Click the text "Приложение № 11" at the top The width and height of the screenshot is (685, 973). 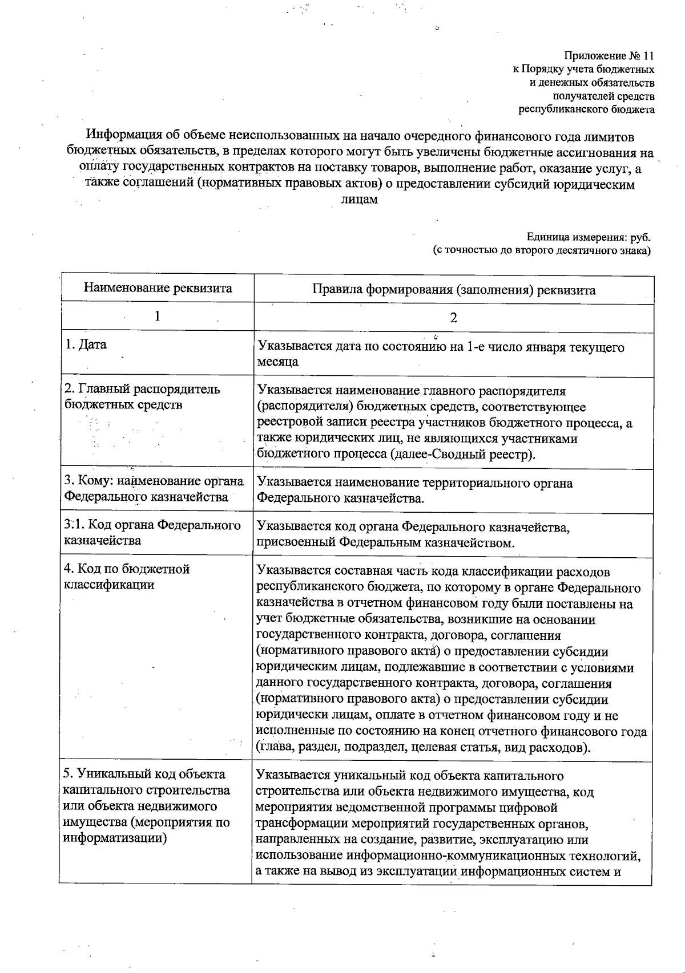609,56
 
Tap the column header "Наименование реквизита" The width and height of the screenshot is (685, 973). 158,287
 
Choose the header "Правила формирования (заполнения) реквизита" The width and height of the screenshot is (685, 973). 453,290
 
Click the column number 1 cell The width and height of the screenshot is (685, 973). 158,316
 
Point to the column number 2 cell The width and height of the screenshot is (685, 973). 453,318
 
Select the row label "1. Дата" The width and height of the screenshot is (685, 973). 86,344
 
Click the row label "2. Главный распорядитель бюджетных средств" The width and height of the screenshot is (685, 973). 142,397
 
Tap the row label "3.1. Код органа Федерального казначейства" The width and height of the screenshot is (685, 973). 152,532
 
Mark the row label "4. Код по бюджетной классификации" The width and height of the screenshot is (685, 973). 127,577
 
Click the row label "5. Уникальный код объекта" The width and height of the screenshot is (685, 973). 144,774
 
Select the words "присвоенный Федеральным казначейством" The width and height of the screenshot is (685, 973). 386,543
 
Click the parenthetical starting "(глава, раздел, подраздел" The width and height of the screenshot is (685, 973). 423,747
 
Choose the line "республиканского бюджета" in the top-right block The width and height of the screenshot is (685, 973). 586,109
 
